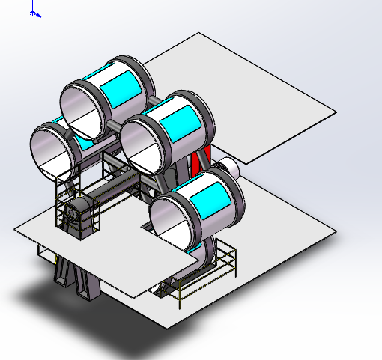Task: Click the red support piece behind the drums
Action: pos(200,165)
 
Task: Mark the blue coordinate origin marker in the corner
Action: pos(34,13)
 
